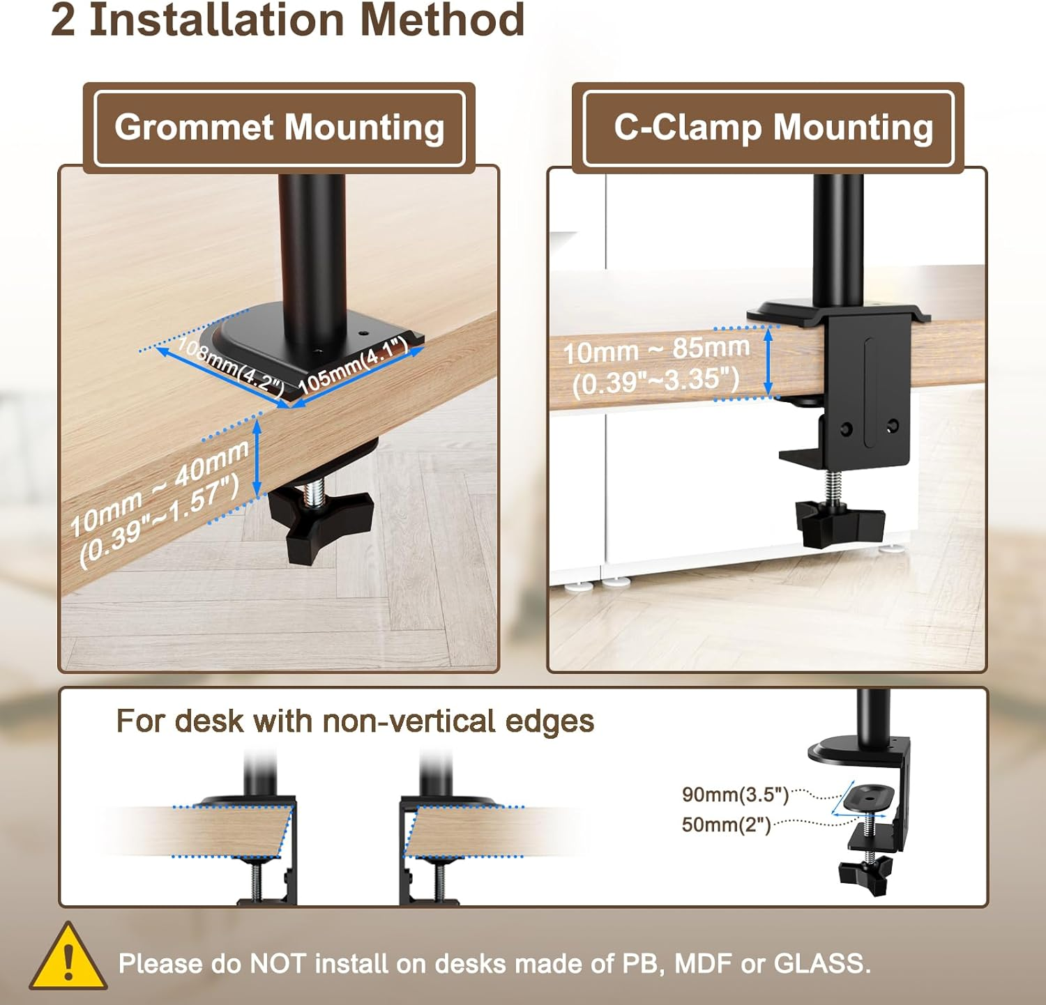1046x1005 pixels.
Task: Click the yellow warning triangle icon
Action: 68,958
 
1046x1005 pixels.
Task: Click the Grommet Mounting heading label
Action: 279,128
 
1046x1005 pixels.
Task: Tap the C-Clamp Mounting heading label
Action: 773,128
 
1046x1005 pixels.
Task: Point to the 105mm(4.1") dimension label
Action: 354,365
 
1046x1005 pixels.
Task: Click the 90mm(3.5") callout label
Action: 735,795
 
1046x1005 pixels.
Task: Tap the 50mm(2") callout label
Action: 726,825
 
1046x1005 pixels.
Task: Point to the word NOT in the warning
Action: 278,964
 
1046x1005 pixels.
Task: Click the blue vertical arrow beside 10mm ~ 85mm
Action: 768,362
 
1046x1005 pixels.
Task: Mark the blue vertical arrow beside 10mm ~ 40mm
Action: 257,458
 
